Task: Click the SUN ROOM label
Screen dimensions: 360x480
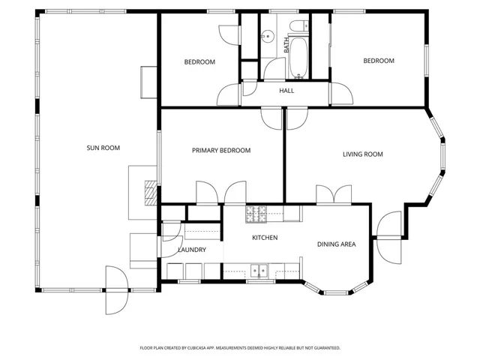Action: [103, 148]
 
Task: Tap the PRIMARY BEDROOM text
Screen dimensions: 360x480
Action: [220, 151]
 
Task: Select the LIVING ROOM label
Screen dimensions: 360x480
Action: [362, 154]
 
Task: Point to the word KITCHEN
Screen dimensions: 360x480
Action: [265, 238]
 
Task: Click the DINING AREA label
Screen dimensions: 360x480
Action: [335, 244]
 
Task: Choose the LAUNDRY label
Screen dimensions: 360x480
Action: [191, 250]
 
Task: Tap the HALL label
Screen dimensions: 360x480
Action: [286, 91]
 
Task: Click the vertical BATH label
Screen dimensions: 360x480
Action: [286, 45]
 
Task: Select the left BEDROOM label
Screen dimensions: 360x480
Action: [199, 61]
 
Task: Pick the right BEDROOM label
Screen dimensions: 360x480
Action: [379, 61]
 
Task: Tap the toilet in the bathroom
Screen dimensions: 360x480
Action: [298, 28]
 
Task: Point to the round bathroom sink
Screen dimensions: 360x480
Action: [265, 35]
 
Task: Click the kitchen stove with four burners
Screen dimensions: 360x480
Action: [256, 214]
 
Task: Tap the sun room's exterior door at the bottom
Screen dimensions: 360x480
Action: [115, 289]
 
